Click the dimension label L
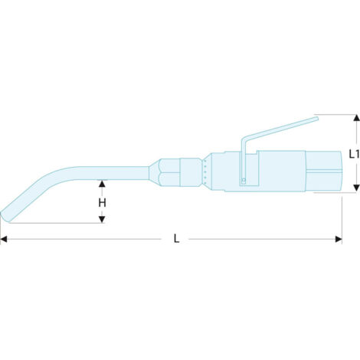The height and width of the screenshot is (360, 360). (x=176, y=239)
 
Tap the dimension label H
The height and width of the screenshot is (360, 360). (x=102, y=203)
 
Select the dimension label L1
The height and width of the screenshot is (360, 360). (x=354, y=154)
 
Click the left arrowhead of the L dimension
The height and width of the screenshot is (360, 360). (x=4, y=239)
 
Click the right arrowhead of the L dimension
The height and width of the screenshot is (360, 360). (x=339, y=239)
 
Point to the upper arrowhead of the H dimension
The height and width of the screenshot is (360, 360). (x=102, y=183)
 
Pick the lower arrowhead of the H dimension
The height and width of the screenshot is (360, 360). (x=102, y=219)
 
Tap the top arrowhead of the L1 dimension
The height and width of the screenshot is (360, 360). (x=356, y=118)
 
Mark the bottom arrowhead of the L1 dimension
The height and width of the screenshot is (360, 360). (x=356, y=188)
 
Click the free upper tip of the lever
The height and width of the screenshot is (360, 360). (x=317, y=119)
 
